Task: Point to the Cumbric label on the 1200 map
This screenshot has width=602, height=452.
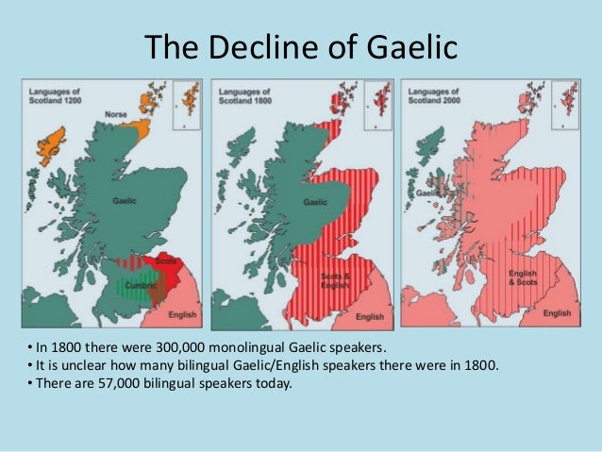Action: coord(142,282)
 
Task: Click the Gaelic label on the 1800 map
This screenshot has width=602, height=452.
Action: coord(314,201)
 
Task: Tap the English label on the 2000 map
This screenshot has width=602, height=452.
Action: coord(557,312)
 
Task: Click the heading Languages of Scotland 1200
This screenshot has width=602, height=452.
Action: coord(54,92)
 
